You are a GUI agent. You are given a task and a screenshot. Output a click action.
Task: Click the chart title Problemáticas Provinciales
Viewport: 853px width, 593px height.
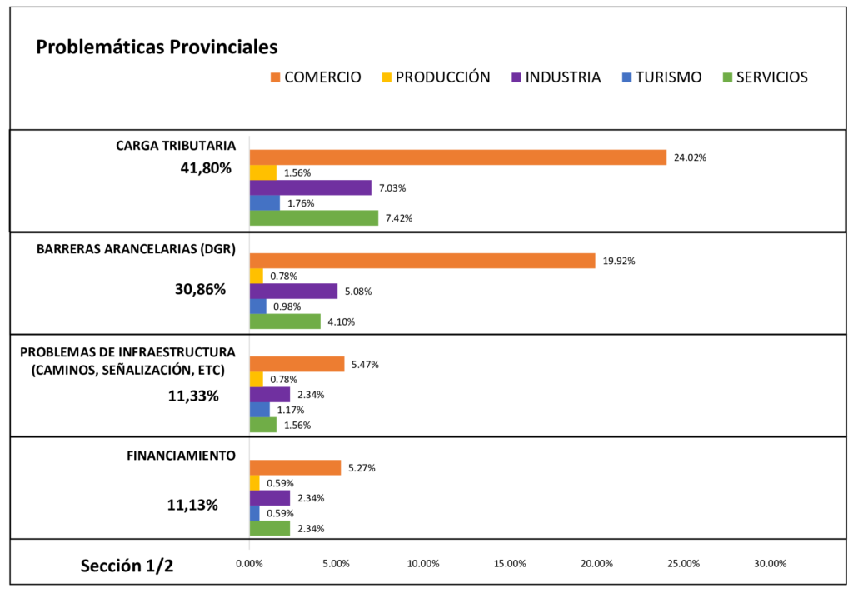[x=157, y=47]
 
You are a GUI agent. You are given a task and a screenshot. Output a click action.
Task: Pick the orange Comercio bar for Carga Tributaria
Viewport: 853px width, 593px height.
[x=458, y=157]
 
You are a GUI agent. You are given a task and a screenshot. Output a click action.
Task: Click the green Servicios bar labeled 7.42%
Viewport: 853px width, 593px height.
[x=314, y=218]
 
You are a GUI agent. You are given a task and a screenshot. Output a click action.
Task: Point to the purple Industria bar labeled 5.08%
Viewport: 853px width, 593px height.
[x=293, y=292]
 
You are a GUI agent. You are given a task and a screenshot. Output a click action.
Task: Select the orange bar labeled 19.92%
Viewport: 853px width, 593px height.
[x=422, y=261]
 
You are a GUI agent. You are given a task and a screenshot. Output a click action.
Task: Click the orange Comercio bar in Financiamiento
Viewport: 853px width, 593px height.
[x=295, y=468]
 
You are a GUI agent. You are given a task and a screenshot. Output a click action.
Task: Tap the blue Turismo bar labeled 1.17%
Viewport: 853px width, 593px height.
[x=260, y=410]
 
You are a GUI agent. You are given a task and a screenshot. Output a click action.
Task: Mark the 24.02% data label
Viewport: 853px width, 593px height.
[x=690, y=157]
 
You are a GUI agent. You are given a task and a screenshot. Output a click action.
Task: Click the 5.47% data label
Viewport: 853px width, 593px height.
[x=363, y=365]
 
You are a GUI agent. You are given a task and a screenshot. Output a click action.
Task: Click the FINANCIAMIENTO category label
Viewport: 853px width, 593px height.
[x=181, y=456]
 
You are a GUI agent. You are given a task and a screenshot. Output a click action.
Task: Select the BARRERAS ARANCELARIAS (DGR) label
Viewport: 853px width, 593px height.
[x=136, y=248]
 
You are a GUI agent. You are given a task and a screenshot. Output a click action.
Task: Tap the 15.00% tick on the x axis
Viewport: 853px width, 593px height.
[x=510, y=564]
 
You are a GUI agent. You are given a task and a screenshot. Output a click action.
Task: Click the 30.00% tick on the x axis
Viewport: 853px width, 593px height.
[x=770, y=564]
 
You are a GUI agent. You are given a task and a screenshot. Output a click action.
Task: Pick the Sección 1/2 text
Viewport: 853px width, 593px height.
[x=127, y=566]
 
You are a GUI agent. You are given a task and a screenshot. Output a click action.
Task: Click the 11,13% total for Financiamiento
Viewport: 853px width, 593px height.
[x=192, y=505]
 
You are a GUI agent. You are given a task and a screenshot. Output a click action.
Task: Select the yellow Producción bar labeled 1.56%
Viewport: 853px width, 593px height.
[x=263, y=172]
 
